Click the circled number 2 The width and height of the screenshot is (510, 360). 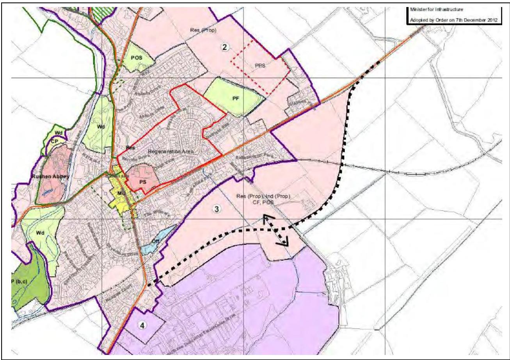224,47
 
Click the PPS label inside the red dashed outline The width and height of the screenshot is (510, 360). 260,66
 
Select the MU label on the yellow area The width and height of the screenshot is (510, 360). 121,192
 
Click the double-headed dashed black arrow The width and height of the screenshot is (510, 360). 275,230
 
